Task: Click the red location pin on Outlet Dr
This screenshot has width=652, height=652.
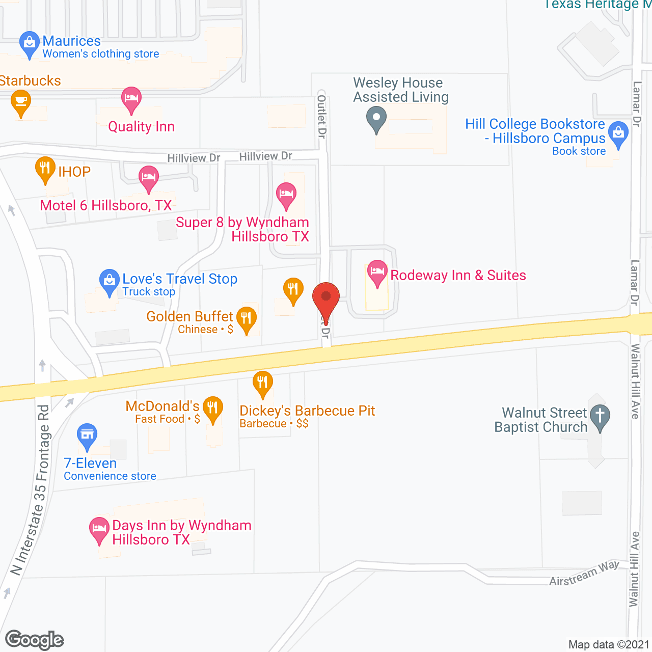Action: (325, 298)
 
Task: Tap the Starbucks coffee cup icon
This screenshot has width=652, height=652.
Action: (21, 101)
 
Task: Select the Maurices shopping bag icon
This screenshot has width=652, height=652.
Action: (29, 43)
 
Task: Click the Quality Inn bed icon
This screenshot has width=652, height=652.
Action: (131, 98)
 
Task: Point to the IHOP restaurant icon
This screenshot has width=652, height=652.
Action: (45, 168)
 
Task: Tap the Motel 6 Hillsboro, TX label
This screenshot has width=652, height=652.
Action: (106, 206)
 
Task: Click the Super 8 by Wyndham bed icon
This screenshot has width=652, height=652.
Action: (286, 194)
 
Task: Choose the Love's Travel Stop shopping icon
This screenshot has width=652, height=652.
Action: (109, 281)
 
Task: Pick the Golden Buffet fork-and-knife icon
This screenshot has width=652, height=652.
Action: (247, 319)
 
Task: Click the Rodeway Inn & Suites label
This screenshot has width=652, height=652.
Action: (458, 276)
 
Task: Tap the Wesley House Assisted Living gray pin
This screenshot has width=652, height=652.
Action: (376, 119)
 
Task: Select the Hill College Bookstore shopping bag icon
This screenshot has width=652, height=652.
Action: (618, 133)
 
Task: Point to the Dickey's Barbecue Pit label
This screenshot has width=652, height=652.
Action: (307, 411)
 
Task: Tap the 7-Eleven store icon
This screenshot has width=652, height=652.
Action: (87, 435)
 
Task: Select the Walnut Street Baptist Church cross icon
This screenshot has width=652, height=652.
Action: (600, 416)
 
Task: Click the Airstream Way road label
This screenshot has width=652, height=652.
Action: (584, 574)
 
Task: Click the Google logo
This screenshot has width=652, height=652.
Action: (35, 640)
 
